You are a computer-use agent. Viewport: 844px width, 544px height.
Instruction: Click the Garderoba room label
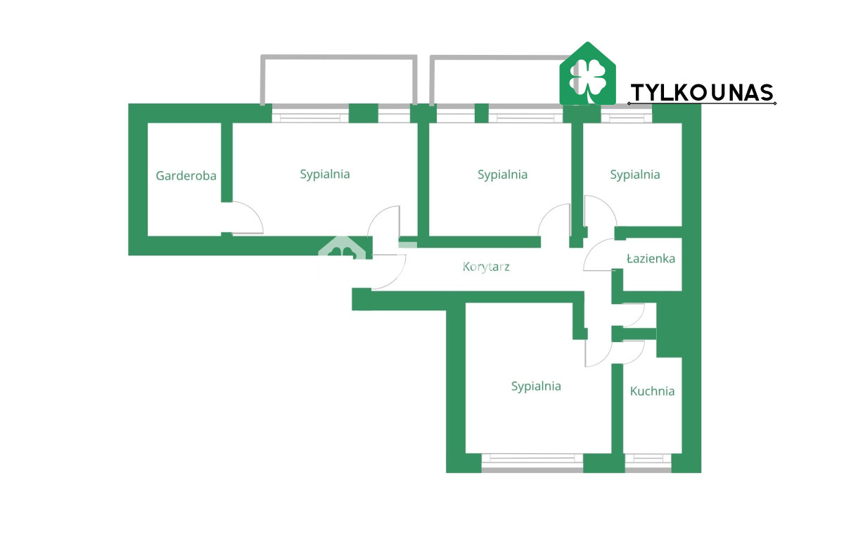point(186,176)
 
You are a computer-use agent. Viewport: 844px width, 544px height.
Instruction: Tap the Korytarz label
point(486,267)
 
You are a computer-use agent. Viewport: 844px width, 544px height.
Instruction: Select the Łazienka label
point(651,258)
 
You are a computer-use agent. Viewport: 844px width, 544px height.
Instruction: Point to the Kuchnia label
point(652,391)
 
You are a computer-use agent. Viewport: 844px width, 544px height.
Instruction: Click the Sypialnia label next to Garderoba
point(325,175)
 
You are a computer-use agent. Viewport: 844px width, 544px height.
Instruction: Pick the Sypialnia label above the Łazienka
point(635,175)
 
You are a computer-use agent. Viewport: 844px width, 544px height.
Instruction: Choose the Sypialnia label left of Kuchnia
point(536,386)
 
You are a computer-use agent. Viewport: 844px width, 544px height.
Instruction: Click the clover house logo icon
point(587,73)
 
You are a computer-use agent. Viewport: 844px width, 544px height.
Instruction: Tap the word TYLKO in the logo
point(668,93)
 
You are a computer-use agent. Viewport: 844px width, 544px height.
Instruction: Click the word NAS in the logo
point(751,93)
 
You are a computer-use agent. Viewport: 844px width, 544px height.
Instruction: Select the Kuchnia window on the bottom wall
point(648,463)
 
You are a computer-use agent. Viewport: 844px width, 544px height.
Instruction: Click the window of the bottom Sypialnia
point(532,463)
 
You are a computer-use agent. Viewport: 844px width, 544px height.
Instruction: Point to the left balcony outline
point(339,57)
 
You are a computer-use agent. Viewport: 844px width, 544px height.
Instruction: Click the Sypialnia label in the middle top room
point(502,175)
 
